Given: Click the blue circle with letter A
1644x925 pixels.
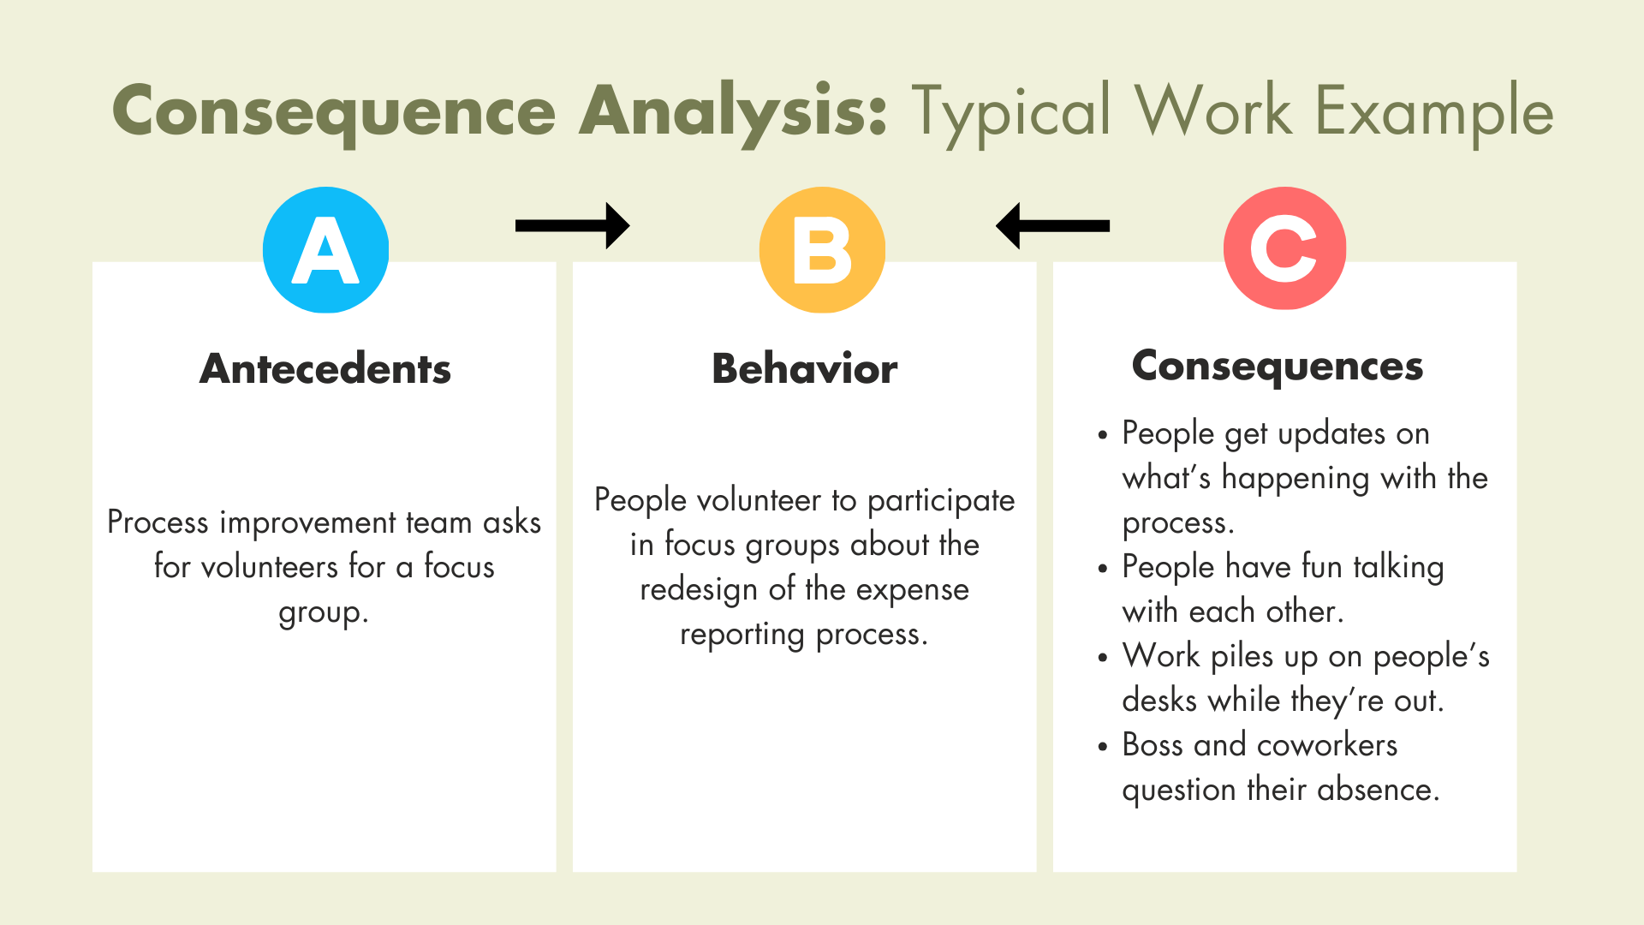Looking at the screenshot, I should pyautogui.click(x=325, y=249).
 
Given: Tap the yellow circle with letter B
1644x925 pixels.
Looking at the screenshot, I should pyautogui.click(x=822, y=249).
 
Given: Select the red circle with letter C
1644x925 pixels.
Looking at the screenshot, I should pyautogui.click(x=1284, y=248).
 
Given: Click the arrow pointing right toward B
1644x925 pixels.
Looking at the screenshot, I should pyautogui.click(x=573, y=225).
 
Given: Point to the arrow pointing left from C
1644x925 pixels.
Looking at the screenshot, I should pyautogui.click(x=1052, y=225).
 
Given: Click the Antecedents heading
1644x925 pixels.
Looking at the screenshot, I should pyautogui.click(x=325, y=369).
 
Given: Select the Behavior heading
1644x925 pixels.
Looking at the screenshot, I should pyautogui.click(x=805, y=369).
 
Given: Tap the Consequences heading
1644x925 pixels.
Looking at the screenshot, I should pyautogui.click(x=1278, y=367).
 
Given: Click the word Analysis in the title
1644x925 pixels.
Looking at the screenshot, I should pyautogui.click(x=733, y=112).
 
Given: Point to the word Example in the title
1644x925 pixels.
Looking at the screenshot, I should pyautogui.click(x=1434, y=112).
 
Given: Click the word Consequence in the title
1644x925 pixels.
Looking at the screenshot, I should pyautogui.click(x=334, y=112).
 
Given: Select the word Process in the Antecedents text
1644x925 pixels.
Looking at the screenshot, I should pyautogui.click(x=158, y=522).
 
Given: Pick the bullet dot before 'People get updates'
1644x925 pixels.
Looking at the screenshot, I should pyautogui.click(x=1103, y=435).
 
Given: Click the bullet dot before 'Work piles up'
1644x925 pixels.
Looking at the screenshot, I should pyautogui.click(x=1103, y=658).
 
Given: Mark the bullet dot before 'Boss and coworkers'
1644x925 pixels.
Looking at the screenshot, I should pyautogui.click(x=1103, y=747).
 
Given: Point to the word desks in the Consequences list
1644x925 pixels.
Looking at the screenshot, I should pyautogui.click(x=1159, y=701).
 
